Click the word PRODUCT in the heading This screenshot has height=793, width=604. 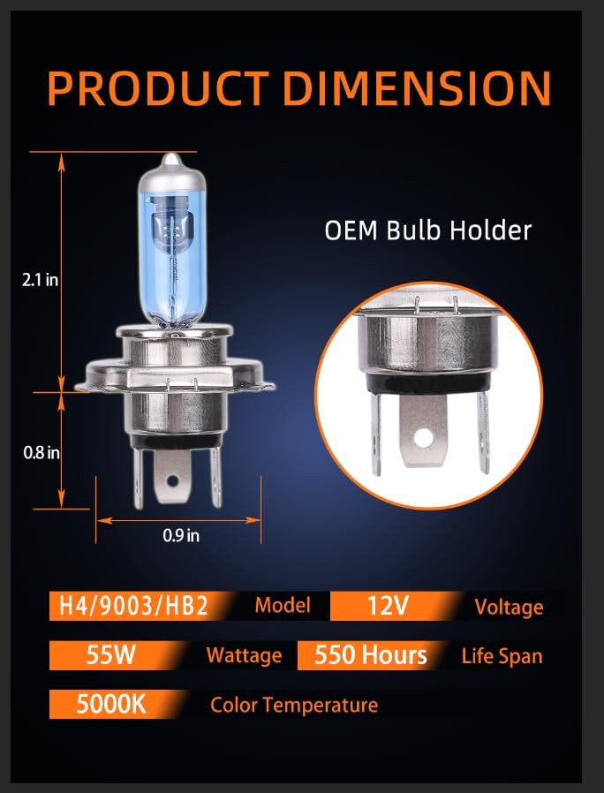coord(158,88)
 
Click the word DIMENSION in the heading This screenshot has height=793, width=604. coord(416,88)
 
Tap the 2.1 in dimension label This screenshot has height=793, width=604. coord(40,280)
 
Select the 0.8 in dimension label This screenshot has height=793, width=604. coord(41,453)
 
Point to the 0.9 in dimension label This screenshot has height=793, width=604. coord(181,535)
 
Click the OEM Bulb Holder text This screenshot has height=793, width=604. coord(428,230)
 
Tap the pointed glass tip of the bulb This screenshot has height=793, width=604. coord(171,158)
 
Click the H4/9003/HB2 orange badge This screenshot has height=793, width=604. coord(136,606)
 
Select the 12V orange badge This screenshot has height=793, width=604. coord(389,606)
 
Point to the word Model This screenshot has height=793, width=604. coord(283,606)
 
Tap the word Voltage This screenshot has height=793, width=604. coord(509,607)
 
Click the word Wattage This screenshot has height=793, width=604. coord(244,656)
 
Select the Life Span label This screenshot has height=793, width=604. coord(502,656)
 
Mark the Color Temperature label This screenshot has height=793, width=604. coord(294,705)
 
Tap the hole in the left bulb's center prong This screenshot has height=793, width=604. coord(172,480)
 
